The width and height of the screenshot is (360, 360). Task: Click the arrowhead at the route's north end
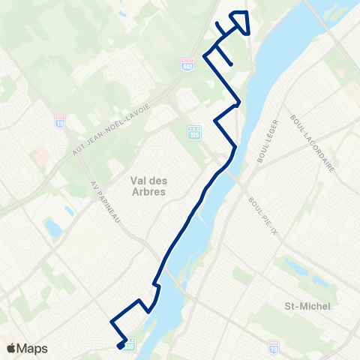click(241, 20)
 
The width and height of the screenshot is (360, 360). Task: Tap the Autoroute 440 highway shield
click(187, 65)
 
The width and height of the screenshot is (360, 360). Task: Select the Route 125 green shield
click(195, 132)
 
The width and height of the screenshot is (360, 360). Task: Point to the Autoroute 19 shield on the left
click(61, 121)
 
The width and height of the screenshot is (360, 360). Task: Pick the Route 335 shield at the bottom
click(130, 344)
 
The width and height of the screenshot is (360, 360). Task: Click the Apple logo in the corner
click(11, 348)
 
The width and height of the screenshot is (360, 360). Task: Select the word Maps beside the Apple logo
click(33, 348)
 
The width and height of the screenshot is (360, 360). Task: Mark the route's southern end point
click(120, 346)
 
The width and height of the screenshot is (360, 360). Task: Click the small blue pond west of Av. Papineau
click(52, 226)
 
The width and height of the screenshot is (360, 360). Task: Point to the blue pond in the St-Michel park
click(318, 282)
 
